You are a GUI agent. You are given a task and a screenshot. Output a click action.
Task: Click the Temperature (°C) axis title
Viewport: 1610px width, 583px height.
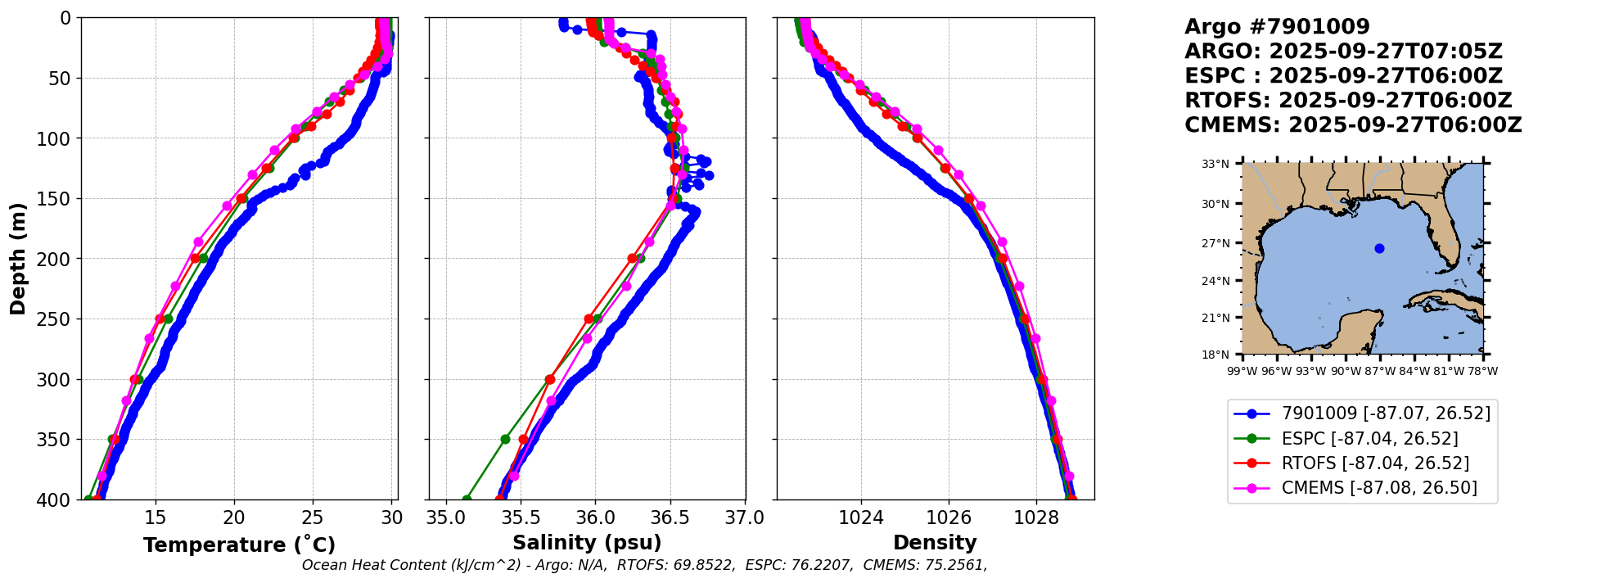point(239,545)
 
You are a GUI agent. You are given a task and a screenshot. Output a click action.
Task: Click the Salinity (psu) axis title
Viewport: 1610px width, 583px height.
point(587,543)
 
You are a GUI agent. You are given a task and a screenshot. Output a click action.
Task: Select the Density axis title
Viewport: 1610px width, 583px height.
point(935,543)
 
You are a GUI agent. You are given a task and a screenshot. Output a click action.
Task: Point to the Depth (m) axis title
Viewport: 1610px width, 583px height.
point(18,258)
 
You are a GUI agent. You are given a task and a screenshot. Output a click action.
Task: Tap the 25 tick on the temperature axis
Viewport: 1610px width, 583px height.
point(313,517)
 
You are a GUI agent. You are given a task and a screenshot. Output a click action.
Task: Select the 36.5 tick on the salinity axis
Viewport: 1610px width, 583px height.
point(670,517)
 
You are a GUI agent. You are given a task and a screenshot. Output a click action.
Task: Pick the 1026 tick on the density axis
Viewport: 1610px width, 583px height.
point(949,517)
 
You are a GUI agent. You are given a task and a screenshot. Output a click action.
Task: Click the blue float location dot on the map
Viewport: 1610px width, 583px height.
point(1379,248)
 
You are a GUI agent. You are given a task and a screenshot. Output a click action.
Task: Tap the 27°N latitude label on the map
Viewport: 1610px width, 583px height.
point(1215,243)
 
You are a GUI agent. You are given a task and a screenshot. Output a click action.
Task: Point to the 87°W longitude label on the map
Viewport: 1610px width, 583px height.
point(1379,371)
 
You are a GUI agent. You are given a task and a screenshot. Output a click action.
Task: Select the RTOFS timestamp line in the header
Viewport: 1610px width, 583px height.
point(1348,101)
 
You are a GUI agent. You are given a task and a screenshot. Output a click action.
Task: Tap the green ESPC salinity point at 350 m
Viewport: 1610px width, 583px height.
point(505,440)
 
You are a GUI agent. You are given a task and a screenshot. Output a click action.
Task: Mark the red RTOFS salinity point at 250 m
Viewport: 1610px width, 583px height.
point(589,319)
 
